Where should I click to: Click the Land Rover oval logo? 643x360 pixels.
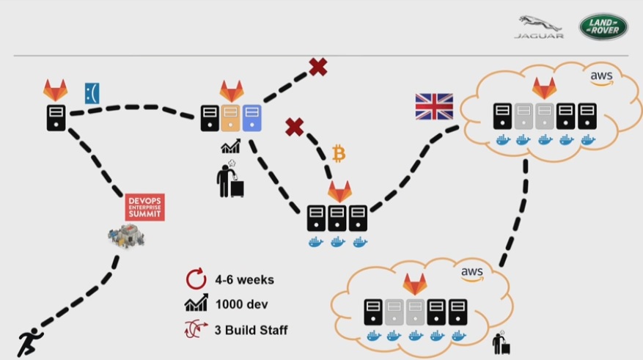pos(603,27)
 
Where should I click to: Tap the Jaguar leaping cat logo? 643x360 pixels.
pos(539,26)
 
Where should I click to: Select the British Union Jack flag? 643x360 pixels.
pos(435,106)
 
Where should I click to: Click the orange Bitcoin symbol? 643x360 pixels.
pos(338,153)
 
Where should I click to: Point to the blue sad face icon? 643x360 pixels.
pos(92,93)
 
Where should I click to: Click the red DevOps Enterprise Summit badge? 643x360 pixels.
pos(144,207)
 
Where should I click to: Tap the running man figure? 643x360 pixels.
pos(30,342)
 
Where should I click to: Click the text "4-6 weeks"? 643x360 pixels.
pos(245,279)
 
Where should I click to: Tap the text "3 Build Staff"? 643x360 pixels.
pos(251,329)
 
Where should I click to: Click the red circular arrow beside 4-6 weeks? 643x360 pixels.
pos(194,279)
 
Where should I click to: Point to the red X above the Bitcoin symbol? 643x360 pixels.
pos(294,128)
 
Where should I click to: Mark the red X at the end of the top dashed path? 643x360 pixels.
pos(317,67)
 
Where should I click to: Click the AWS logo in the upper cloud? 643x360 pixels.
pos(601,76)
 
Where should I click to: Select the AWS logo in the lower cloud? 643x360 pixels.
pos(472,273)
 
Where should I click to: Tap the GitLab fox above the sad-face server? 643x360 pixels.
pos(55,90)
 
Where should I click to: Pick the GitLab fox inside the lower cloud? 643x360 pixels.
pos(415,283)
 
